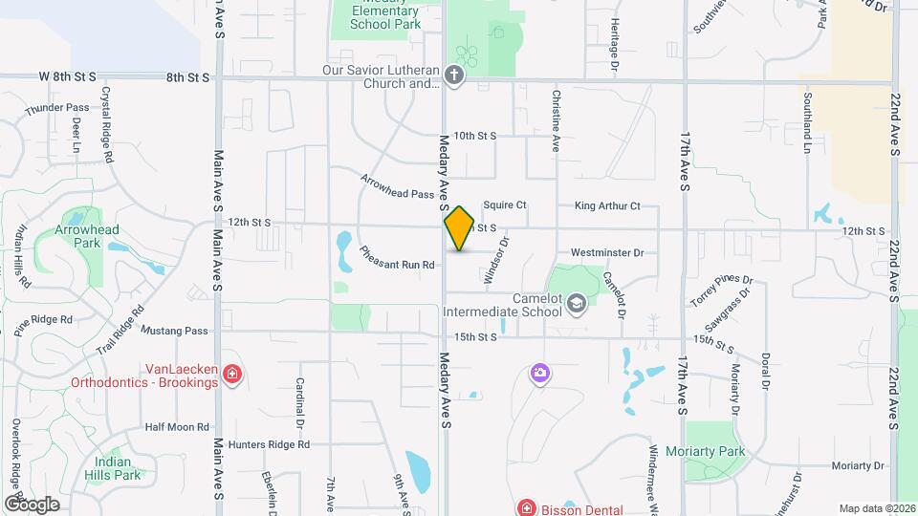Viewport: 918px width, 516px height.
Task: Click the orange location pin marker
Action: [459, 228]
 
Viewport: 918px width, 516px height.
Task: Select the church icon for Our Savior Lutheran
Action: [455, 76]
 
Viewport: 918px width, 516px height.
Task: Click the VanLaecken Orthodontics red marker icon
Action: [230, 374]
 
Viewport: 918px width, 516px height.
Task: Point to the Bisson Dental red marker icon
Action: [524, 507]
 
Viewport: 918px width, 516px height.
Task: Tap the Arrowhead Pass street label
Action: [397, 186]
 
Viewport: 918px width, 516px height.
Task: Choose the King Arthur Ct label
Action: [606, 205]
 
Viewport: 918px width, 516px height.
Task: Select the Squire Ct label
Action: [505, 205]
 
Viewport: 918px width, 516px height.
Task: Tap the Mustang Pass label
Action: [174, 331]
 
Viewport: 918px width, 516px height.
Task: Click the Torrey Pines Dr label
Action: [722, 292]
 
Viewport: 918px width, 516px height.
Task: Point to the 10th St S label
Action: [475, 136]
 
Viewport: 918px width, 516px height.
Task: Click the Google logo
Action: [32, 504]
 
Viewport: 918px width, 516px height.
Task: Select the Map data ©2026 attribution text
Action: [877, 508]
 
